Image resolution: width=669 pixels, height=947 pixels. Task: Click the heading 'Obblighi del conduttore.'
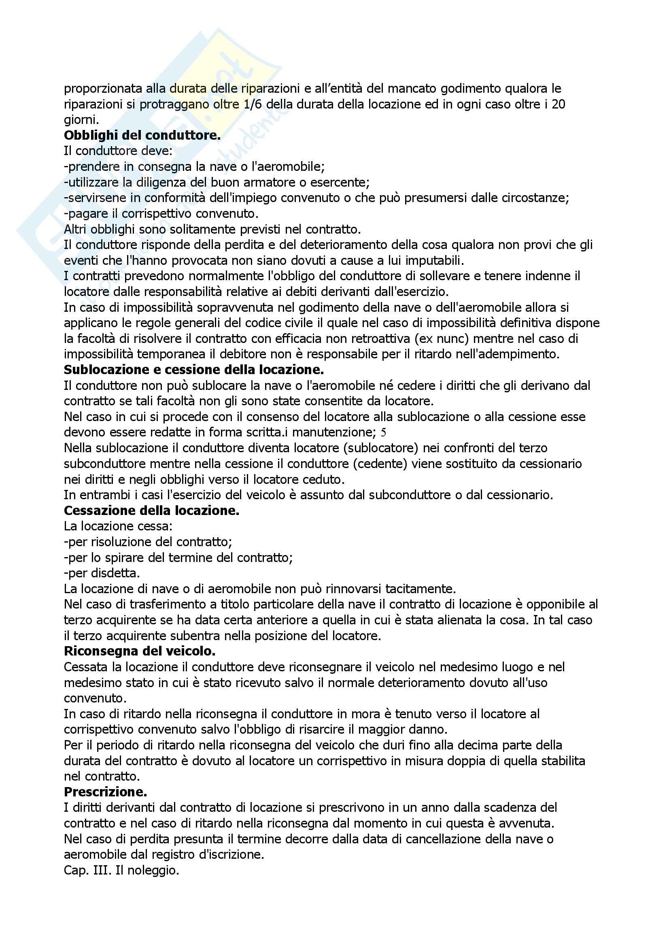pos(142,135)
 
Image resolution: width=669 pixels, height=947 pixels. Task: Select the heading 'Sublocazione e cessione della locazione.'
pos(194,370)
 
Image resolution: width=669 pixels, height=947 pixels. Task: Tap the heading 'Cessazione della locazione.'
pos(151,511)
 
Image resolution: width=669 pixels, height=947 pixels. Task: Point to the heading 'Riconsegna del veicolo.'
pos(140,651)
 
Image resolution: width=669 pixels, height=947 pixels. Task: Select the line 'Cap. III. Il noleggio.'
pos(121,870)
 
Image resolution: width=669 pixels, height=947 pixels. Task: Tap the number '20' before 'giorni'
pos(558,104)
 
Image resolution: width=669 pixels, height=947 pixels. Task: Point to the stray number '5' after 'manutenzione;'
pos(383,433)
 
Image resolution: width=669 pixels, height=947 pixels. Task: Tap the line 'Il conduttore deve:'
pos(118,151)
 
